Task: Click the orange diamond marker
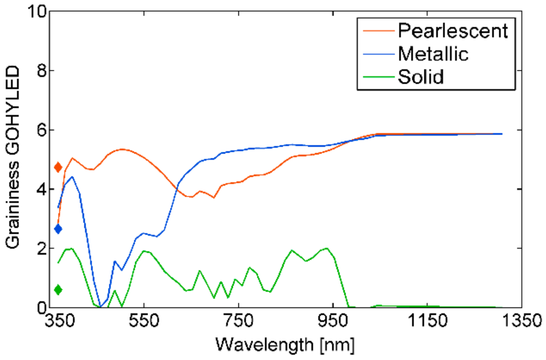(58, 167)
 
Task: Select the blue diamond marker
(58, 229)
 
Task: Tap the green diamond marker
(58, 290)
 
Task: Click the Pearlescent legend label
(453, 31)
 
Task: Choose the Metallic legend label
(433, 54)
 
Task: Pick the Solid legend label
(420, 77)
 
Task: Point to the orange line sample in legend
(378, 31)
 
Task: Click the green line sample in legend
(378, 77)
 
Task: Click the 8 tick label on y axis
(42, 71)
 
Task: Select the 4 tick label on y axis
(42, 189)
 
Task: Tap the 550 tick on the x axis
(144, 321)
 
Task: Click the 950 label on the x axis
(333, 321)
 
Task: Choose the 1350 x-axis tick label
(521, 321)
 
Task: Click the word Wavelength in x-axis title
(264, 345)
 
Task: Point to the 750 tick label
(238, 321)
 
